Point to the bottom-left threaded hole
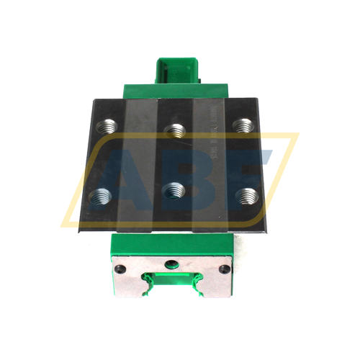(99, 194)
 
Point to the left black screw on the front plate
(118, 269)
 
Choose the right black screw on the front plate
(228, 269)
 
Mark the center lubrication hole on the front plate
(173, 263)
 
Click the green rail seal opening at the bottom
(173, 288)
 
